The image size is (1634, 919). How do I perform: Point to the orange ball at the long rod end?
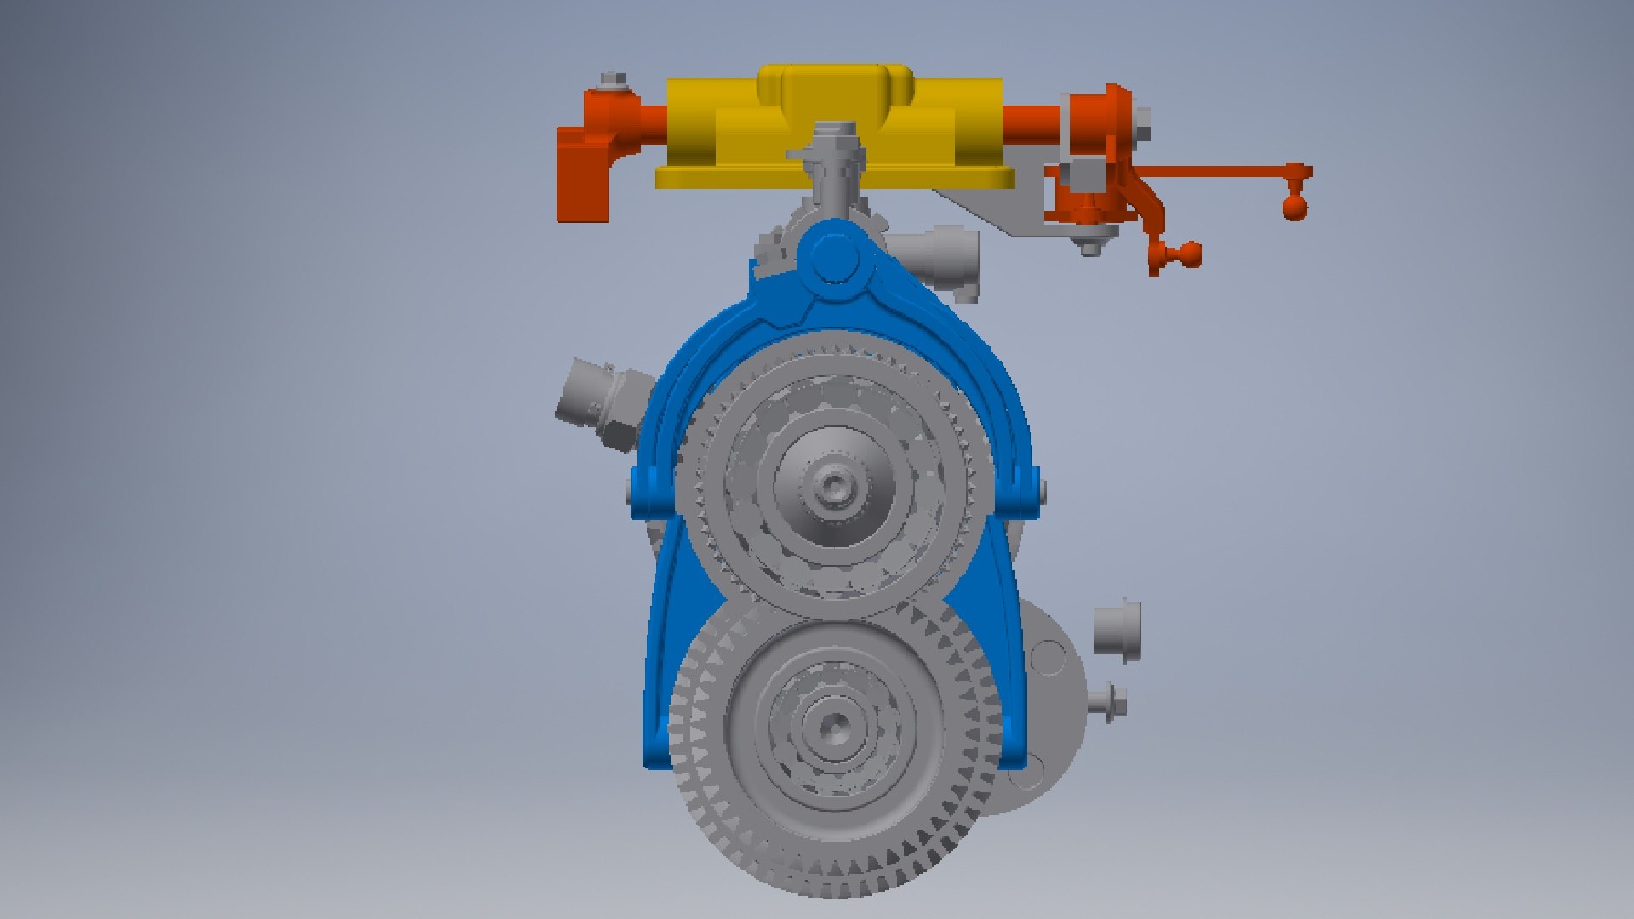[1294, 207]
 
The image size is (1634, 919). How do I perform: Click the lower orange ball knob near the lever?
[1187, 253]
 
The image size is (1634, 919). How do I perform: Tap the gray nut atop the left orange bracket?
[611, 83]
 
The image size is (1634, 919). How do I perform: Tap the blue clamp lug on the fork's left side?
[651, 492]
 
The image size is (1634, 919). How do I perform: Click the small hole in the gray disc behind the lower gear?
[1048, 658]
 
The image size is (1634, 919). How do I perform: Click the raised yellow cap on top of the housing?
[834, 85]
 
